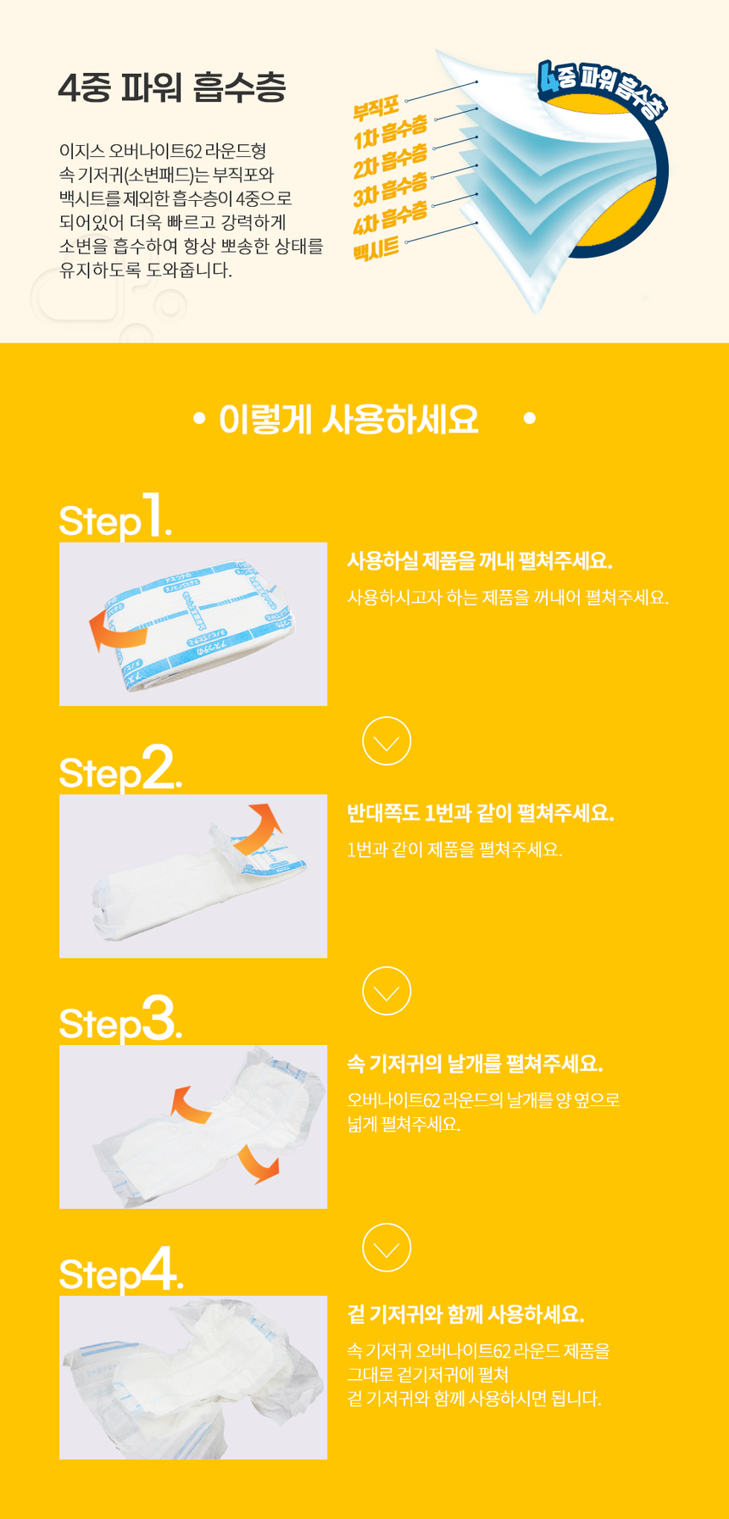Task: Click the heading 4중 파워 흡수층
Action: click(x=172, y=87)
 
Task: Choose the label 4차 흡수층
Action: click(x=390, y=218)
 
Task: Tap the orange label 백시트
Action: click(x=376, y=248)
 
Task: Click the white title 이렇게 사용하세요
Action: click(x=348, y=420)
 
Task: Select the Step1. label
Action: click(x=115, y=517)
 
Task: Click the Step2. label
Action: click(x=120, y=769)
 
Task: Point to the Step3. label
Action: click(x=120, y=1020)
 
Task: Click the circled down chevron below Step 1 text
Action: click(x=387, y=742)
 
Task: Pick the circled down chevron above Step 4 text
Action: click(x=387, y=1248)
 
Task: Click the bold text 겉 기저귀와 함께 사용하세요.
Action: click(x=465, y=1314)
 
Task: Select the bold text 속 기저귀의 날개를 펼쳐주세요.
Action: click(x=475, y=1063)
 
